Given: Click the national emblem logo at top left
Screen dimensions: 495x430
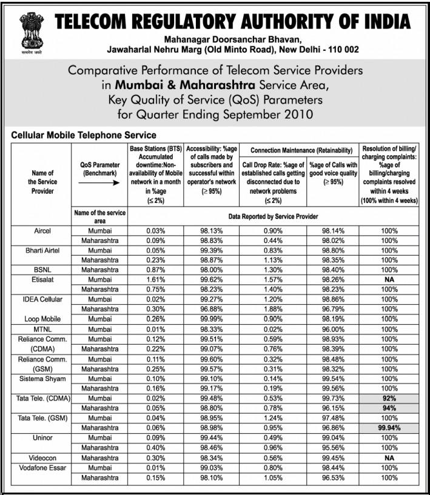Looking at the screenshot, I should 29,33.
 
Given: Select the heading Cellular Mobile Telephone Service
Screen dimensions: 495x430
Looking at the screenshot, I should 84,135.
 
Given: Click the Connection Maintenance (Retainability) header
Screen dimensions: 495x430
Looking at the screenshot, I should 301,150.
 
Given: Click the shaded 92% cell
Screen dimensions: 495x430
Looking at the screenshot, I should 389,398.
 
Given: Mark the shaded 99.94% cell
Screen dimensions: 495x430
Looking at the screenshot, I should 389,428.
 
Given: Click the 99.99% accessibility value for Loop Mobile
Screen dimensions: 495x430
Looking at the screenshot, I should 212,319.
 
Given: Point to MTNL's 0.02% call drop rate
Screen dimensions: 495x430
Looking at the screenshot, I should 272,328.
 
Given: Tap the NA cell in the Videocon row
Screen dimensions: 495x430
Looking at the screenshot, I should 389,457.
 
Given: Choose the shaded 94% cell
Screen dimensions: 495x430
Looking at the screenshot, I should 389,408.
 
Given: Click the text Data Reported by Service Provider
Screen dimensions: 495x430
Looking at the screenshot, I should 273,216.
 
